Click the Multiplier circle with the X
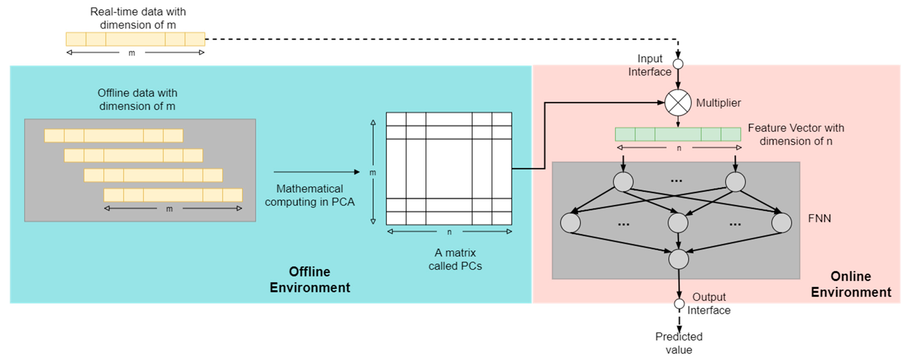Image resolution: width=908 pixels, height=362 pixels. coord(678,103)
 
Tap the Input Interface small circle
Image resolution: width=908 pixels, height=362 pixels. coord(678,64)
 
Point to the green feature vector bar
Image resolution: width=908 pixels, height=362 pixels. coord(678,134)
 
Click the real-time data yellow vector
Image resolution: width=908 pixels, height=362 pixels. coord(135,39)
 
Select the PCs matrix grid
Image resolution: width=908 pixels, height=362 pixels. coord(449,169)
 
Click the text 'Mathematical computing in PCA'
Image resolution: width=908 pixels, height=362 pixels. coord(310,195)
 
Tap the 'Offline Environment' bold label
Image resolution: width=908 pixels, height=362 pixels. coord(310,279)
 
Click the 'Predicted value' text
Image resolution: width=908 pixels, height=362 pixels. coord(679,343)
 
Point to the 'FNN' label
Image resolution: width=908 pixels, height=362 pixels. coord(819,219)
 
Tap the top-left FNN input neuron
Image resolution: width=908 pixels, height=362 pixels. coord(623,182)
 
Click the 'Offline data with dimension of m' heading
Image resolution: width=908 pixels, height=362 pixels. coord(137,100)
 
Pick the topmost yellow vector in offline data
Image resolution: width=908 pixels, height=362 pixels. coord(113,135)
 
